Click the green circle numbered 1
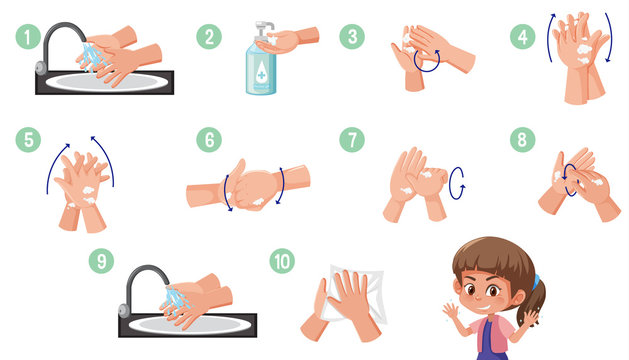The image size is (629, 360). (27, 37)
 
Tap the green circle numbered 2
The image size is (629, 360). (208, 37)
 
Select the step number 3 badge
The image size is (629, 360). (351, 37)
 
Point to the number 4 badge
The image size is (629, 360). (521, 37)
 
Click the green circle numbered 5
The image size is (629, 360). (27, 139)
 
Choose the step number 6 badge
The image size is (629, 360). (208, 139)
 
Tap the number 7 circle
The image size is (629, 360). (351, 139)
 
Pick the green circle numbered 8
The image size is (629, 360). (521, 139)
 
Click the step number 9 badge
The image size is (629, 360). (101, 261)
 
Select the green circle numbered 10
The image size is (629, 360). (282, 261)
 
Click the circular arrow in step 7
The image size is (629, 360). (458, 182)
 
